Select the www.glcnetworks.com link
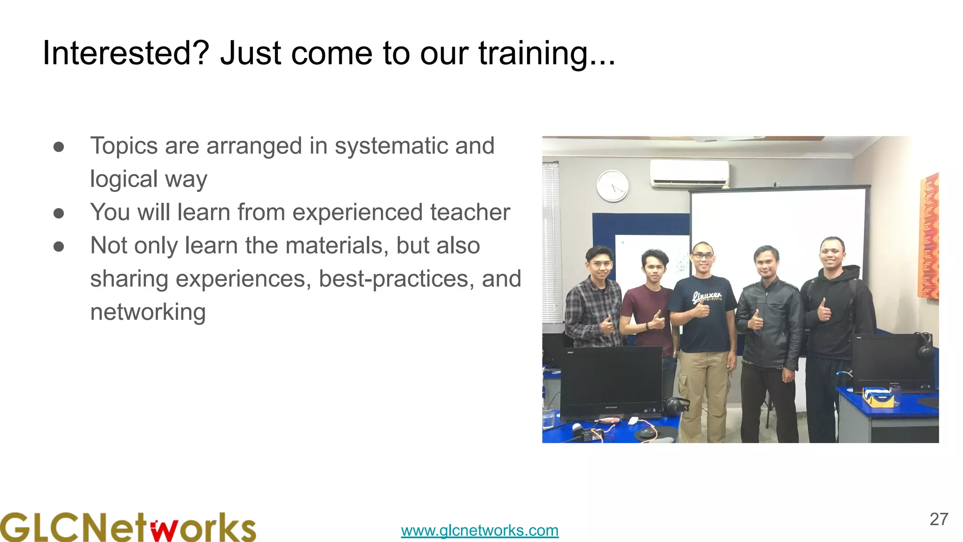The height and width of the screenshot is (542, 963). pos(480,530)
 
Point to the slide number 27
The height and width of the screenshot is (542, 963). pos(939,519)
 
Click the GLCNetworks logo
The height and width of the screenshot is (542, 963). pos(128,527)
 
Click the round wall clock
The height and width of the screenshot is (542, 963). pos(612,186)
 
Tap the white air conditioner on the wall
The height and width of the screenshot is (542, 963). pos(689,173)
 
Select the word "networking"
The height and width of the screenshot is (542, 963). pos(148,312)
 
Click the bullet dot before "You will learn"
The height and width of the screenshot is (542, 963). pos(59,214)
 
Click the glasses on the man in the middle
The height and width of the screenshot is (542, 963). pos(703,256)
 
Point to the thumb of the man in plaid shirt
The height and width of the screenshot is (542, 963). pos(607,320)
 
